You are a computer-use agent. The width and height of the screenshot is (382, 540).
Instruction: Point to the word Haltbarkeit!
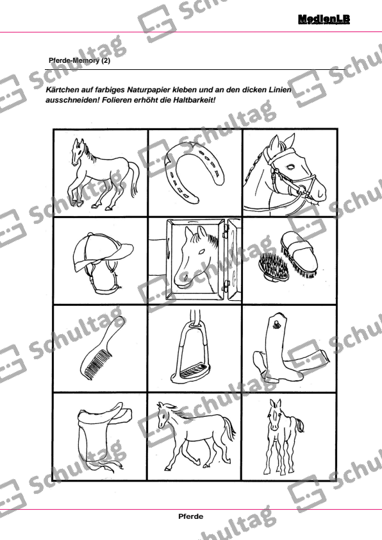(195, 101)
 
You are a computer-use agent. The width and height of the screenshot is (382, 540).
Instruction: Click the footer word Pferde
(190, 515)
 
